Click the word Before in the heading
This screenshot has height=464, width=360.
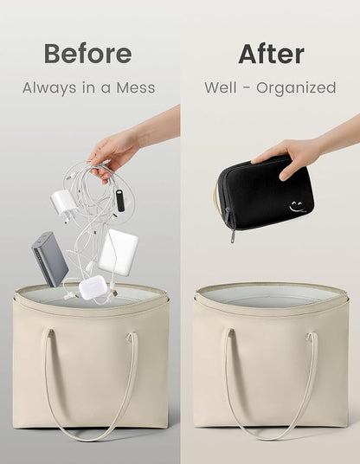tap(88, 54)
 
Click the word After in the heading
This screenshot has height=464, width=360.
tap(271, 54)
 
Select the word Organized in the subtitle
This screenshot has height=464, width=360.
tap(296, 88)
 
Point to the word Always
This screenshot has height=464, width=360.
tap(49, 88)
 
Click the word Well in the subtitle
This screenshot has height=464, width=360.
tap(221, 87)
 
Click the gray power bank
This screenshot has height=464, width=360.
tap(50, 259)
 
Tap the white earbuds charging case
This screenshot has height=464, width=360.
tap(90, 287)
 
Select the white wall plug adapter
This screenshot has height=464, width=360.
tap(63, 203)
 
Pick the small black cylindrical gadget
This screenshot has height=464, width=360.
tap(120, 203)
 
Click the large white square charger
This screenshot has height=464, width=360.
tap(118, 252)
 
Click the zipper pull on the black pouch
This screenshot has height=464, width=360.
tap(233, 236)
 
